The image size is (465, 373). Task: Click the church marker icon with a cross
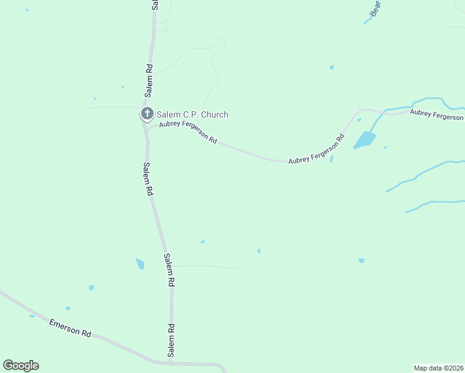(x=147, y=114)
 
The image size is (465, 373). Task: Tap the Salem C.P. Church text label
(x=192, y=114)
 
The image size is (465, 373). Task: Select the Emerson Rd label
(x=70, y=328)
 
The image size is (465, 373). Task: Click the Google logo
(x=21, y=366)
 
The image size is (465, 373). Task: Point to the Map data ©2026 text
(x=438, y=367)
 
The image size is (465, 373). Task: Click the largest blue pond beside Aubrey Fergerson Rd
(x=365, y=140)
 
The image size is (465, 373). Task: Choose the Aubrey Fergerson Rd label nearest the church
(x=188, y=132)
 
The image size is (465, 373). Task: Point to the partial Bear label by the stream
(x=374, y=7)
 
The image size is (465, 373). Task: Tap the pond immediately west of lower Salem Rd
(x=140, y=264)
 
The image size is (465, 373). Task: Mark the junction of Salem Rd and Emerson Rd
(x=170, y=362)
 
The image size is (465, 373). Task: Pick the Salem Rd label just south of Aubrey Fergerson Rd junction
(x=147, y=179)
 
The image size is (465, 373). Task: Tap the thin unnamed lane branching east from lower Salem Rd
(x=205, y=266)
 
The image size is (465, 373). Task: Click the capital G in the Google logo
(x=8, y=366)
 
